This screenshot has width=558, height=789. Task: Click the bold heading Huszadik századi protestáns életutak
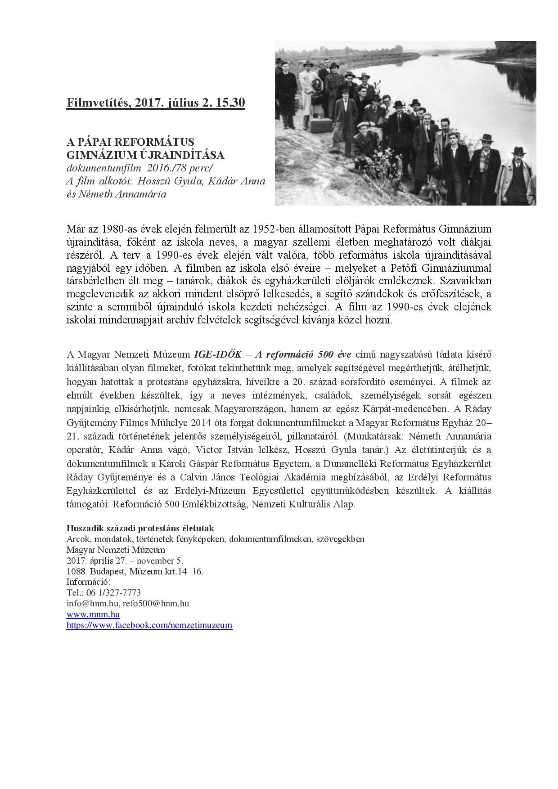(x=140, y=528)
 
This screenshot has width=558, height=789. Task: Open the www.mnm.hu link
(x=93, y=614)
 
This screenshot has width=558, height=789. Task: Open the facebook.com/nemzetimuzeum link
(x=149, y=625)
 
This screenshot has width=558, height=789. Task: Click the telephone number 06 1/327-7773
(x=112, y=593)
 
